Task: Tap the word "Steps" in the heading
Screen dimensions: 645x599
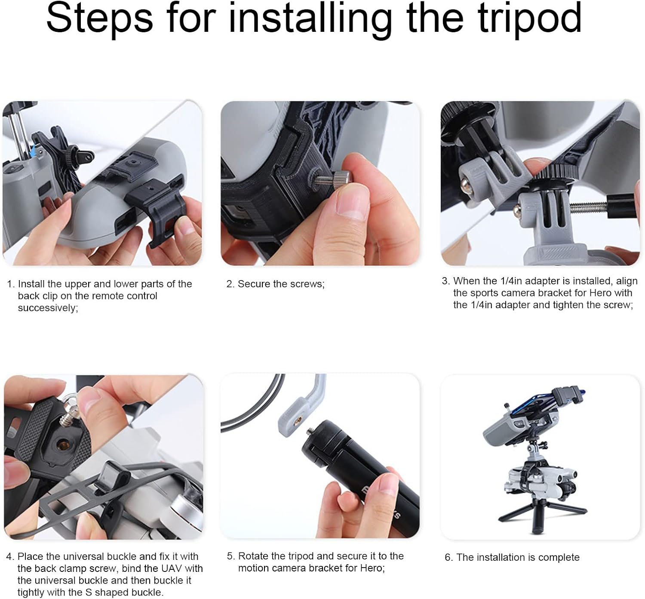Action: pyautogui.click(x=100, y=19)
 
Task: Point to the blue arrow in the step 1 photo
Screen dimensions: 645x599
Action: pyautogui.click(x=33, y=150)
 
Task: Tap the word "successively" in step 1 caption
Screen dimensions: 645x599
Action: pyautogui.click(x=48, y=308)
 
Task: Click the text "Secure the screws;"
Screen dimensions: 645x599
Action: pyautogui.click(x=281, y=284)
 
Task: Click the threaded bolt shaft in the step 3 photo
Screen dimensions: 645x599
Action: pyautogui.click(x=588, y=207)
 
